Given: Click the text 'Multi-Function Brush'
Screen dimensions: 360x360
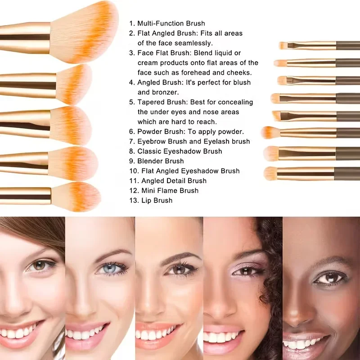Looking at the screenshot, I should (171, 23).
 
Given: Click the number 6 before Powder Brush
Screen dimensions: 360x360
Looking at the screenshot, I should (131, 131).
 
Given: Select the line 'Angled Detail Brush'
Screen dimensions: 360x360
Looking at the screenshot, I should (172, 180).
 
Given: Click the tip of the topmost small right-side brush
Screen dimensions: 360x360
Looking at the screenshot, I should (283, 45).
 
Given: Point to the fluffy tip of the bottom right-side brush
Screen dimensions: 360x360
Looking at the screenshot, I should (270, 173).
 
